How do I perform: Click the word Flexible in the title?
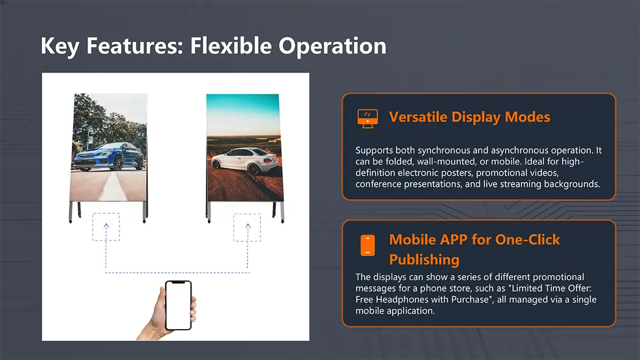tap(231, 46)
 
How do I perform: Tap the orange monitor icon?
tap(367, 118)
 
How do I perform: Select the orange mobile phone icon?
tap(367, 245)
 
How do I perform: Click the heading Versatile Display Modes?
tap(469, 117)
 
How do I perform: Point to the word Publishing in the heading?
tap(425, 259)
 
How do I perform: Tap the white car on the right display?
tap(244, 161)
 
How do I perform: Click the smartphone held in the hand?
tap(178, 305)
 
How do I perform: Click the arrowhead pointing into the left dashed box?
tap(106, 226)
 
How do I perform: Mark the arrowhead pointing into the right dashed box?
tap(247, 226)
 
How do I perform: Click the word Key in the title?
tap(60, 46)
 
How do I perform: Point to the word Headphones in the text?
tap(402, 299)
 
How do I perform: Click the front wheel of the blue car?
tap(118, 163)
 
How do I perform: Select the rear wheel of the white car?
tap(253, 170)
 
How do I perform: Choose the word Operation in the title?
tap(332, 46)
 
